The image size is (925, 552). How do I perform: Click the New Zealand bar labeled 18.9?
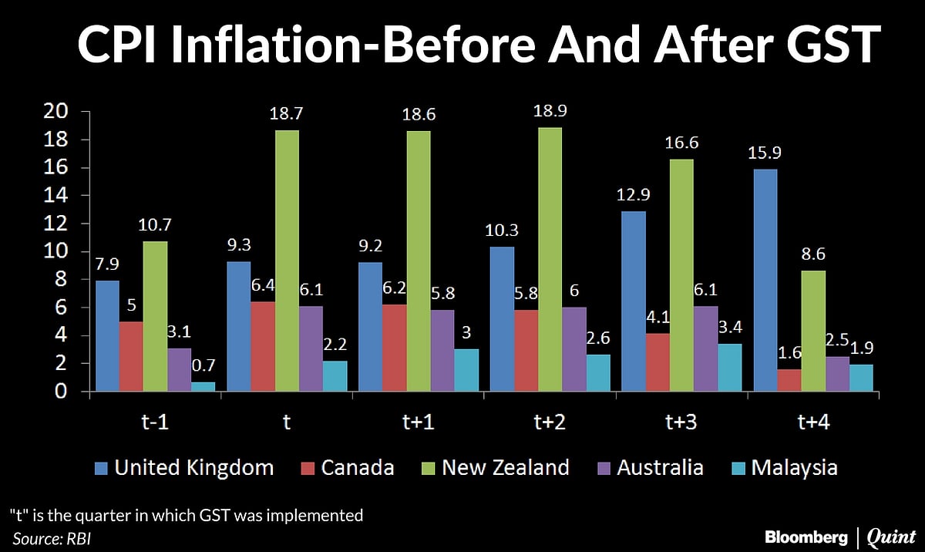click(550, 260)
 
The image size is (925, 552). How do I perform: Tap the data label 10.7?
click(155, 228)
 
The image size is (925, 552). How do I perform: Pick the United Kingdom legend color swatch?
click(101, 468)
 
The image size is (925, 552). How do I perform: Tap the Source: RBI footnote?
click(52, 537)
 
